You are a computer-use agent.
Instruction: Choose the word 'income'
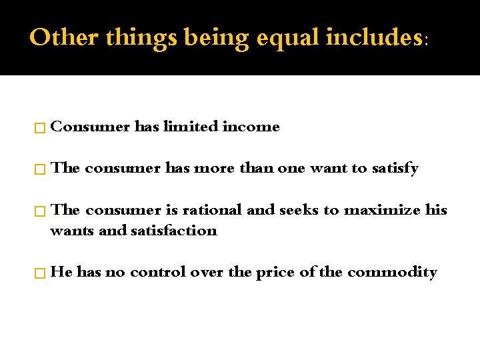pyautogui.click(x=251, y=127)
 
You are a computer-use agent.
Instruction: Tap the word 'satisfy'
pyautogui.click(x=395, y=169)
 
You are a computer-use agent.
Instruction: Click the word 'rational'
pyautogui.click(x=213, y=210)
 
